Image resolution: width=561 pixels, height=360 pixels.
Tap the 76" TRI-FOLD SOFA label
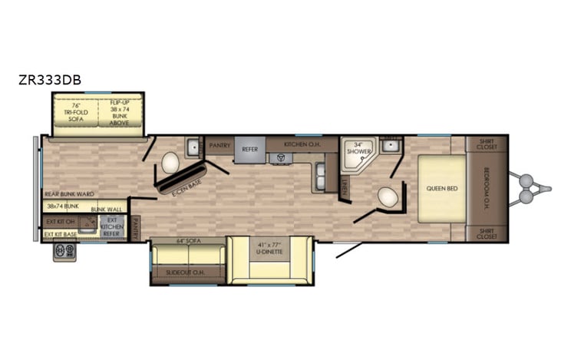tap(76, 112)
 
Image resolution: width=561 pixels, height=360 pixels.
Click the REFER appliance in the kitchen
tap(249, 149)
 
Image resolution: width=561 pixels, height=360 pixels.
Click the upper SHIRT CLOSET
tap(487, 144)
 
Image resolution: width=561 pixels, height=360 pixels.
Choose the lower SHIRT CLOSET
tap(487, 233)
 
